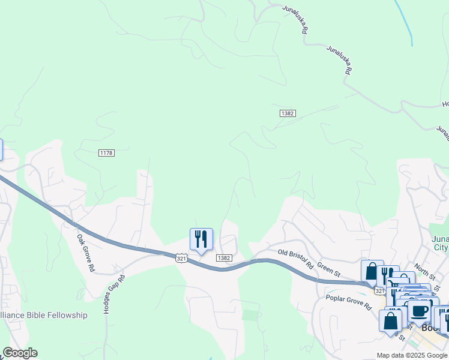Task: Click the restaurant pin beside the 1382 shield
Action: (201, 239)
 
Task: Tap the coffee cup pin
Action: (420, 312)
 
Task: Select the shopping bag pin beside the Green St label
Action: (372, 271)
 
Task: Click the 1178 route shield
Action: (106, 154)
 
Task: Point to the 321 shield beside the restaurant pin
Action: (181, 258)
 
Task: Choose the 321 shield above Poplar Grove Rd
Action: (378, 290)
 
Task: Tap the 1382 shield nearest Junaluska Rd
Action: (288, 113)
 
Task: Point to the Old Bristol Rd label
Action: (297, 258)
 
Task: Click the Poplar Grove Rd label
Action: (349, 302)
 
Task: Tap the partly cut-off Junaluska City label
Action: (440, 243)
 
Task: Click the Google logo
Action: (20, 353)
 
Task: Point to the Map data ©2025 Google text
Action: (411, 355)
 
